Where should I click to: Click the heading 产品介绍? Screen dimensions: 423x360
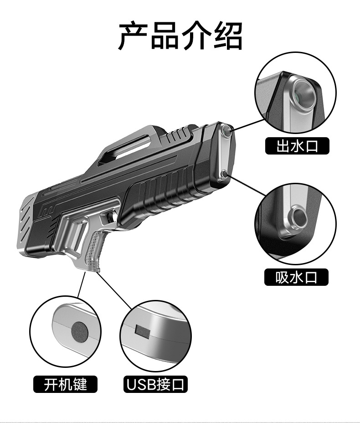point(180,36)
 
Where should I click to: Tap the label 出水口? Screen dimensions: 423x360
point(296,146)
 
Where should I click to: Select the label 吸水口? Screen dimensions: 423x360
point(296,277)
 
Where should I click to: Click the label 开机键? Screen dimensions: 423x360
point(66,384)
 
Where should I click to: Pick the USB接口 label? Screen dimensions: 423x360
point(155,384)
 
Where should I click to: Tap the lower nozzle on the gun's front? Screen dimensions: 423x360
point(224,174)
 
